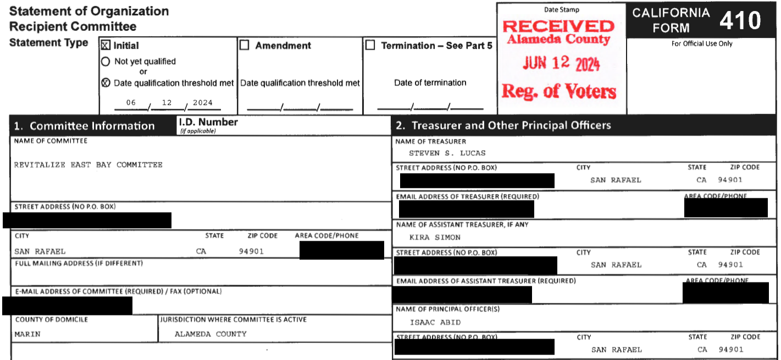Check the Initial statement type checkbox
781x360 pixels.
pos(106,46)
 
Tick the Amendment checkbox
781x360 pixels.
pos(245,46)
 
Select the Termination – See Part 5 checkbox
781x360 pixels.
pos(371,46)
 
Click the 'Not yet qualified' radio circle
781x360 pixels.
pos(106,62)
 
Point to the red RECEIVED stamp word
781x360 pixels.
pos(558,26)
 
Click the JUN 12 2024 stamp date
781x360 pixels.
pos(561,64)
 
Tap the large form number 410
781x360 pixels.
pos(740,21)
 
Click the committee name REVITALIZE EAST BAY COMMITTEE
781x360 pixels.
pos(88,165)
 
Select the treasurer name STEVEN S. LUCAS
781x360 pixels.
pos(447,153)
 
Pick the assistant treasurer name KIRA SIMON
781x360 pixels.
pos(435,237)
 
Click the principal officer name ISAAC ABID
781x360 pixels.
pos(435,323)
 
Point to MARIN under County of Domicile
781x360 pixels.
pos(27,334)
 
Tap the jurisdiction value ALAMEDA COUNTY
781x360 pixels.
pos(211,334)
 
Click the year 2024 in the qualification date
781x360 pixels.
pos(202,103)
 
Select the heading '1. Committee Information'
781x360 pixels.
pos(84,126)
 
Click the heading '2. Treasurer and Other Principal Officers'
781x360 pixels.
pos(503,125)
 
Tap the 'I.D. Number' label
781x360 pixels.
pos(208,122)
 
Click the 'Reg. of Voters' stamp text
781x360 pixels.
pos(559,91)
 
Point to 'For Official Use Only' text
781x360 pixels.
pos(702,44)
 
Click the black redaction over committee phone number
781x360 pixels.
pos(341,250)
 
